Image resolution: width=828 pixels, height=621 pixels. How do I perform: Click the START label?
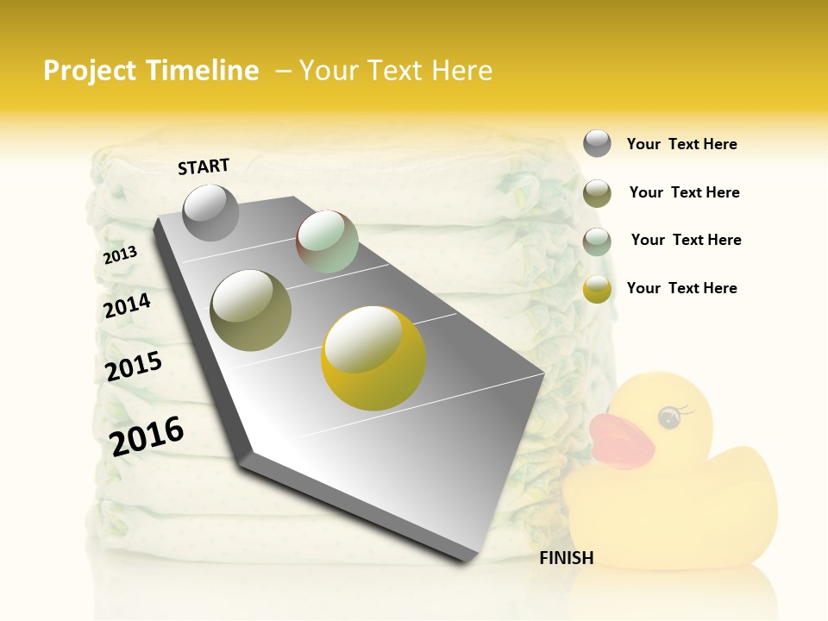[204, 166]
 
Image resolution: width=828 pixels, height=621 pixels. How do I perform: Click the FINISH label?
[566, 558]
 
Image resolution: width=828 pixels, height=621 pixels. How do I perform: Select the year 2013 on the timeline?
[120, 254]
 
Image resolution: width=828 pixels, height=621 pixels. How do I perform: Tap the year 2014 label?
[127, 305]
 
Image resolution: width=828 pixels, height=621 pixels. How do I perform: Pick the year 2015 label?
[134, 366]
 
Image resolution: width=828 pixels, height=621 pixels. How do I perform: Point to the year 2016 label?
[147, 436]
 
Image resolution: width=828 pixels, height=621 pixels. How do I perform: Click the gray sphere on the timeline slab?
[210, 212]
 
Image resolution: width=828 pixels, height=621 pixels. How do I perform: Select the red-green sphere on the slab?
[327, 242]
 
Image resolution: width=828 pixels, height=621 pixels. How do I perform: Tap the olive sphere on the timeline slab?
[250, 310]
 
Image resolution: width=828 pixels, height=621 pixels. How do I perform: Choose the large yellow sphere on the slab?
[373, 358]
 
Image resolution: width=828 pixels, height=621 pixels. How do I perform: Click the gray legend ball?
[597, 143]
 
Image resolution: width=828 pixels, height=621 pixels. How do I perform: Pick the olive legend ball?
[597, 192]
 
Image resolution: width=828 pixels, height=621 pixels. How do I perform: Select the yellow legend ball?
[597, 289]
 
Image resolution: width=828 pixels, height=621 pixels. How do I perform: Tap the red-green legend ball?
[597, 241]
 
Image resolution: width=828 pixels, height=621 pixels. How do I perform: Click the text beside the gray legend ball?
[681, 144]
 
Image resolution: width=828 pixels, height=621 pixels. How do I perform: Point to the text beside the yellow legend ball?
[681, 288]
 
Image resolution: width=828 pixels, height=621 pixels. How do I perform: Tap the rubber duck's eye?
[669, 417]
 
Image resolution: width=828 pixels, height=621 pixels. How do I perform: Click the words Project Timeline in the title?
[151, 71]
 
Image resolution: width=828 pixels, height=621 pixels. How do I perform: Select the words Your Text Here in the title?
[396, 71]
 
